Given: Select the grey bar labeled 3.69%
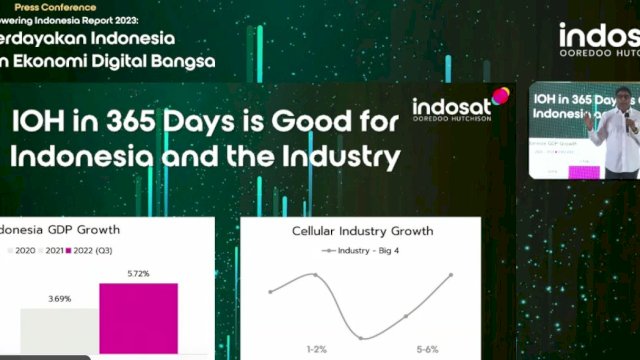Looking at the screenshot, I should pos(58,330).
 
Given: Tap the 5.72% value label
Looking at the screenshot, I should pos(138,272).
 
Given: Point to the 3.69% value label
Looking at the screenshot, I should pos(59,297).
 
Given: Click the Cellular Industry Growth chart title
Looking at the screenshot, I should pos(362,231).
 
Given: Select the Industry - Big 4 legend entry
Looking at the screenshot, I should pos(362,250).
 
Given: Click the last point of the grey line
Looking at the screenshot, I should pos(451,275).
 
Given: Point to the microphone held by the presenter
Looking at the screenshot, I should pos(627,114).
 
